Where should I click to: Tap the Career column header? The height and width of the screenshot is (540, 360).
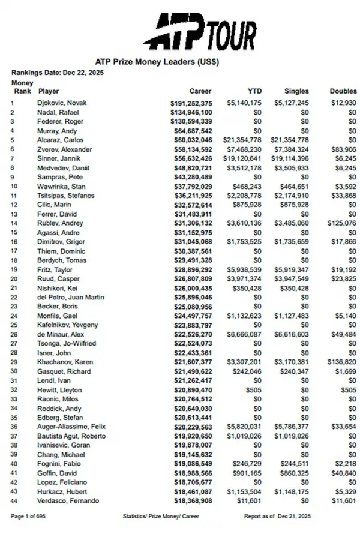click(200, 92)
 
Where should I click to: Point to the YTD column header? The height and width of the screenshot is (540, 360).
click(254, 92)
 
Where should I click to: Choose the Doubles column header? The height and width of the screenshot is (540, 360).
click(343, 92)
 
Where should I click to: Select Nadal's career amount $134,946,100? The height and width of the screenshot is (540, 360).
click(191, 112)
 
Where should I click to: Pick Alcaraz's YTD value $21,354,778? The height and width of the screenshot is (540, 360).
click(244, 139)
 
